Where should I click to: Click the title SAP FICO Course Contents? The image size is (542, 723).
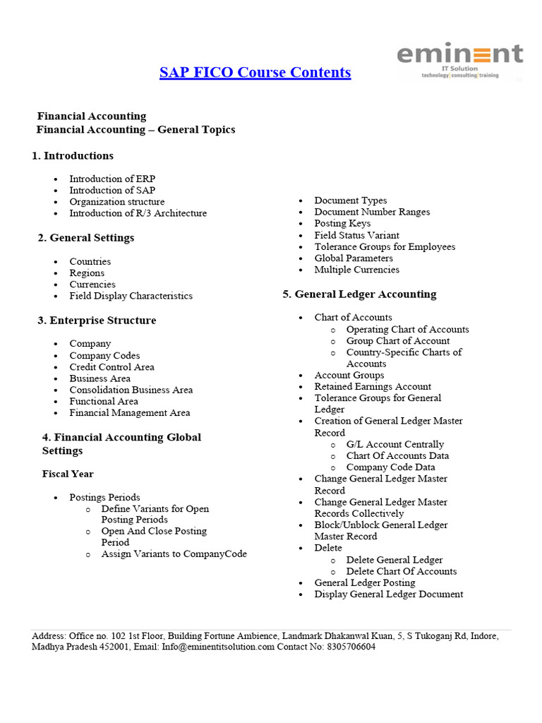coord(255,72)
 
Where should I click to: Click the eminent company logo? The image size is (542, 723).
coord(459,59)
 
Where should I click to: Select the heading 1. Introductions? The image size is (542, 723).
coord(73,155)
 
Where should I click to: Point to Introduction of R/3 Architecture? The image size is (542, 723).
coord(138,213)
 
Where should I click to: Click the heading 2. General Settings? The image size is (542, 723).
coord(85,238)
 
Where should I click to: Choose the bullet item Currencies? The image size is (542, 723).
coord(92,285)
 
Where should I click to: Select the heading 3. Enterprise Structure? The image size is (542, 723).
coord(97,321)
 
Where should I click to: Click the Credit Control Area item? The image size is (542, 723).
coord(112,367)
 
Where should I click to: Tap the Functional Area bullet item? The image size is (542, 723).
coord(103,401)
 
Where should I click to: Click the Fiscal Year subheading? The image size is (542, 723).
coord(68,474)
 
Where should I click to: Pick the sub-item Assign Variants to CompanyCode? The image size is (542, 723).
coord(174,554)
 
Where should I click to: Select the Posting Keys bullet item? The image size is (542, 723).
coord(342,224)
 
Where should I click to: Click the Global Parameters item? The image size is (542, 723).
coord(354,258)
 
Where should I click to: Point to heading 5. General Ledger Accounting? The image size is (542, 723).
coord(359,294)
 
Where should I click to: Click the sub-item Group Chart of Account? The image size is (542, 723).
coord(397,341)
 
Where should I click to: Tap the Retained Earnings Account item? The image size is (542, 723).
coord(373,387)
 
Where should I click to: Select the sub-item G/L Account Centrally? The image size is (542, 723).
coord(395,445)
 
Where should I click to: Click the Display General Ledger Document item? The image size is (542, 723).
coord(388,594)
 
